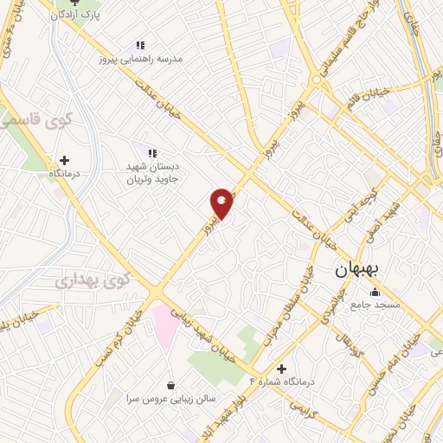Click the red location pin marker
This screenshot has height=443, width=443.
click(x=222, y=202)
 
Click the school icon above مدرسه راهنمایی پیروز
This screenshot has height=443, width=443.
click(x=140, y=46)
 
